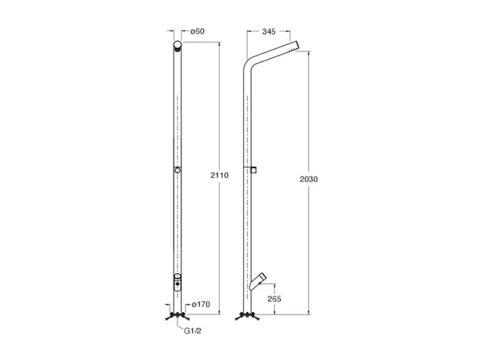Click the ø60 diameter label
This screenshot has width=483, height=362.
197,31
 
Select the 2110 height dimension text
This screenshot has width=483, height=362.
220,175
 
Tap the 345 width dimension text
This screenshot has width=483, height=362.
268,31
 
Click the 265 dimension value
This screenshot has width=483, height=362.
274,299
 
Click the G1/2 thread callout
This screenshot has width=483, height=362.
193,331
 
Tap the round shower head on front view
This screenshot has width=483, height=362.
177,45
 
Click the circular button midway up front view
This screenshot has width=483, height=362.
177,171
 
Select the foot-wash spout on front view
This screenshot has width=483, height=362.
177,282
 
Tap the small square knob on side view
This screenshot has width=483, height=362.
253,170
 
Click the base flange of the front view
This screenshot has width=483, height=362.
177,316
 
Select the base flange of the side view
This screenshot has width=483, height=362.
247,316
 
